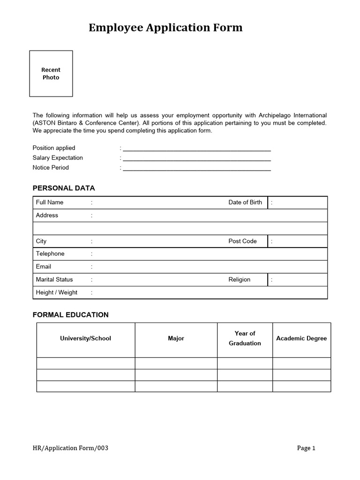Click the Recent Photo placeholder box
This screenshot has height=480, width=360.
pyautogui.click(x=51, y=74)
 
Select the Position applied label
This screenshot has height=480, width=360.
pyautogui.click(x=54, y=148)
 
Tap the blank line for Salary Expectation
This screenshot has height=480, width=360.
pyautogui.click(x=197, y=158)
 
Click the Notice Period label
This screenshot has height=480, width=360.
pyautogui.click(x=51, y=168)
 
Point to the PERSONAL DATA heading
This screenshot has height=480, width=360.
pyautogui.click(x=64, y=188)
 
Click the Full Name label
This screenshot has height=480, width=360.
pyautogui.click(x=50, y=202)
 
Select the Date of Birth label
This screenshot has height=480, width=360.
pyautogui.click(x=245, y=202)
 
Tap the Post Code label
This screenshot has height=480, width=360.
pyautogui.click(x=242, y=241)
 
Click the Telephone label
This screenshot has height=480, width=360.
pyautogui.click(x=50, y=254)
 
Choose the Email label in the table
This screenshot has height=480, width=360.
pyautogui.click(x=44, y=267)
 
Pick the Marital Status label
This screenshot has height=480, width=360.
pyautogui.click(x=54, y=279)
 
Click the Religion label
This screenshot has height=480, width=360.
pyautogui.click(x=240, y=279)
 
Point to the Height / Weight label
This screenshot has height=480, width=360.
pyautogui.click(x=57, y=292)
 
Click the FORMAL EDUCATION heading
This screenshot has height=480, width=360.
pyautogui.click(x=70, y=315)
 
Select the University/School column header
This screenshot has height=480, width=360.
pyautogui.click(x=86, y=338)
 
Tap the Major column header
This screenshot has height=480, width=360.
pyautogui.click(x=176, y=338)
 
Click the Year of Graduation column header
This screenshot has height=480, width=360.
pyautogui.click(x=245, y=338)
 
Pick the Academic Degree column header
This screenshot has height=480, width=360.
pyautogui.click(x=301, y=338)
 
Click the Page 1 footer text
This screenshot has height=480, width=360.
pyautogui.click(x=306, y=448)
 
